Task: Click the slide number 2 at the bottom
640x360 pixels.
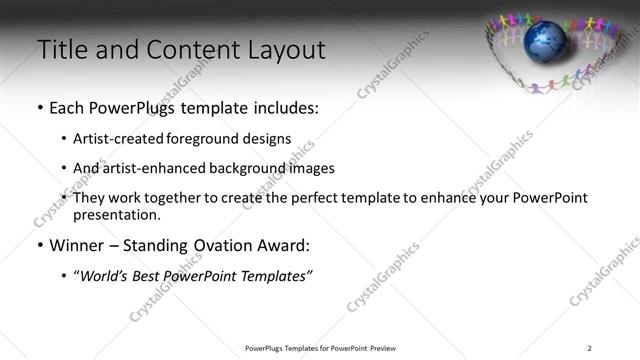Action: pyautogui.click(x=589, y=347)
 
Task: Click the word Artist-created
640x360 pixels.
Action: pyautogui.click(x=118, y=139)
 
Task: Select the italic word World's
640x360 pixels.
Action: pyautogui.click(x=105, y=275)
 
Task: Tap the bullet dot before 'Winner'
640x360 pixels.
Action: pyautogui.click(x=39, y=246)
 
